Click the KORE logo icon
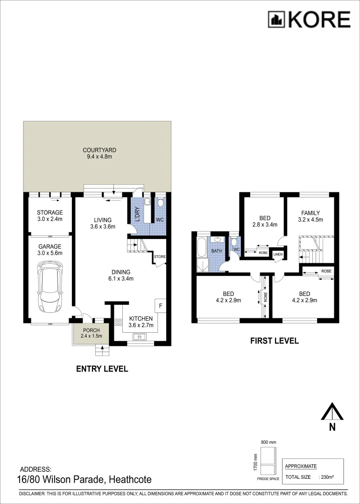click(276, 20)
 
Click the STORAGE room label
click(50, 213)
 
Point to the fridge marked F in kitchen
click(160, 306)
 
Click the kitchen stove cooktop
click(118, 322)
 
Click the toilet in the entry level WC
click(160, 203)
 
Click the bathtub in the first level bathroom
click(201, 247)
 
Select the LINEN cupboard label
click(278, 254)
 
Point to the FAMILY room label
click(310, 213)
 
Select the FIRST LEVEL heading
click(274, 341)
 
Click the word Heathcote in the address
click(130, 479)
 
